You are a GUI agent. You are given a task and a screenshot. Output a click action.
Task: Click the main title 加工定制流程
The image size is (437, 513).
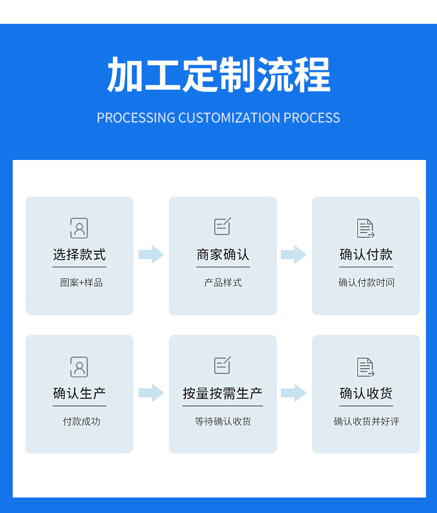coord(218,75)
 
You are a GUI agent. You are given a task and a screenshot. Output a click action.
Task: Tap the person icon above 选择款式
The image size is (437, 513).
coord(79,228)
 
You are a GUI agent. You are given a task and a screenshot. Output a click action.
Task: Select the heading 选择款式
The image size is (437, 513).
coord(79,255)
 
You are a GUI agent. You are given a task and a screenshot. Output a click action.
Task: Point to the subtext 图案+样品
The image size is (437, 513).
coord(81,283)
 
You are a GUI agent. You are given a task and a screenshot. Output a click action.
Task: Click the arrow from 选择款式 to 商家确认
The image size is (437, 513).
coord(151,255)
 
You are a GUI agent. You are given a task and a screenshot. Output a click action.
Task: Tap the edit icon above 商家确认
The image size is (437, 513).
coord(222,226)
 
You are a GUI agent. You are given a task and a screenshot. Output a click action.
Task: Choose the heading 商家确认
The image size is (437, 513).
coord(223,255)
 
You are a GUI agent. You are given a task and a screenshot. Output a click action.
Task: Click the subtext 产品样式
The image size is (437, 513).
coord(223,283)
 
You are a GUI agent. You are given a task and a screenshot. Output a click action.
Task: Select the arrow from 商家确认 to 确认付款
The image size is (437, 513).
coord(294,255)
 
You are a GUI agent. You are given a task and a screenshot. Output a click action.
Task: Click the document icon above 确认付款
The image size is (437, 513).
coord(366,228)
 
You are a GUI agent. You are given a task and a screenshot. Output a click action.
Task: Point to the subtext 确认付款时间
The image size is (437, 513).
coord(366,283)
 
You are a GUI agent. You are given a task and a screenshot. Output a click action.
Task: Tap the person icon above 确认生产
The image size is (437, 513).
coord(79,367)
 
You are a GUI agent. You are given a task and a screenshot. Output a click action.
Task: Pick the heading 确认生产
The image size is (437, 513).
coord(79,393)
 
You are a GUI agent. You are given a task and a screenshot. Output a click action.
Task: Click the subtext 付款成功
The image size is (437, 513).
coord(81,422)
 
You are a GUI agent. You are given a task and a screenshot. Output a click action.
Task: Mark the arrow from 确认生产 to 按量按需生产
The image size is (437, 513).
coord(151,393)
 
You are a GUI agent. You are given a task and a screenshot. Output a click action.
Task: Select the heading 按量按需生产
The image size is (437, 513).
coord(223,393)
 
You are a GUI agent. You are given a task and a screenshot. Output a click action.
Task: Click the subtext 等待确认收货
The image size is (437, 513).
coord(223,422)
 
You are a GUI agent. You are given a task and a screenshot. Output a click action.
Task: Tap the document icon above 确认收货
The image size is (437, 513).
coord(366,367)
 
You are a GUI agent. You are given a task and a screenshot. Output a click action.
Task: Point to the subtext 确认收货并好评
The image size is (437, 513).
coord(366,422)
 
